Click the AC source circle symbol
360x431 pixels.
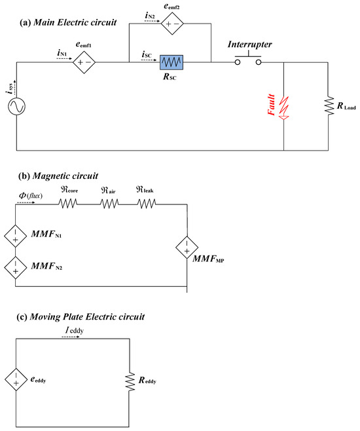[x=16, y=107]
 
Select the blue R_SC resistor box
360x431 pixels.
[x=171, y=62]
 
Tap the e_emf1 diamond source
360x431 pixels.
[x=84, y=62]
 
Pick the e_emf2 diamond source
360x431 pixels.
[x=172, y=24]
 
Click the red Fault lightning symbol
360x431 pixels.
[x=284, y=108]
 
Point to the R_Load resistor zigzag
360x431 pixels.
[x=329, y=106]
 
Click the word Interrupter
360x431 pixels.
[x=249, y=45]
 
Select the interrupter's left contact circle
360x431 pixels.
[x=238, y=62]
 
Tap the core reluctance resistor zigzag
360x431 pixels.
[x=67, y=204]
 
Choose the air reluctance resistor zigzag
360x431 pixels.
[x=109, y=204]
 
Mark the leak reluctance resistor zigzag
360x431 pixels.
[x=147, y=204]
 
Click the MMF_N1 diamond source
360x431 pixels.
[x=15, y=236]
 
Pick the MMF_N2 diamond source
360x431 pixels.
[x=15, y=267]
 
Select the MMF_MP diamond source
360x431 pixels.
[x=187, y=248]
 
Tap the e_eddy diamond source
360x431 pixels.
[x=16, y=380]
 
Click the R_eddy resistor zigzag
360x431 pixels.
[x=130, y=381]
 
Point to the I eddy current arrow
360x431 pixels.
[x=72, y=337]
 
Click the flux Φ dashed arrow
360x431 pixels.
[x=26, y=202]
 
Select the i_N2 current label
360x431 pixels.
[x=150, y=16]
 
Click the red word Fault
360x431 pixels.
[x=271, y=105]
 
